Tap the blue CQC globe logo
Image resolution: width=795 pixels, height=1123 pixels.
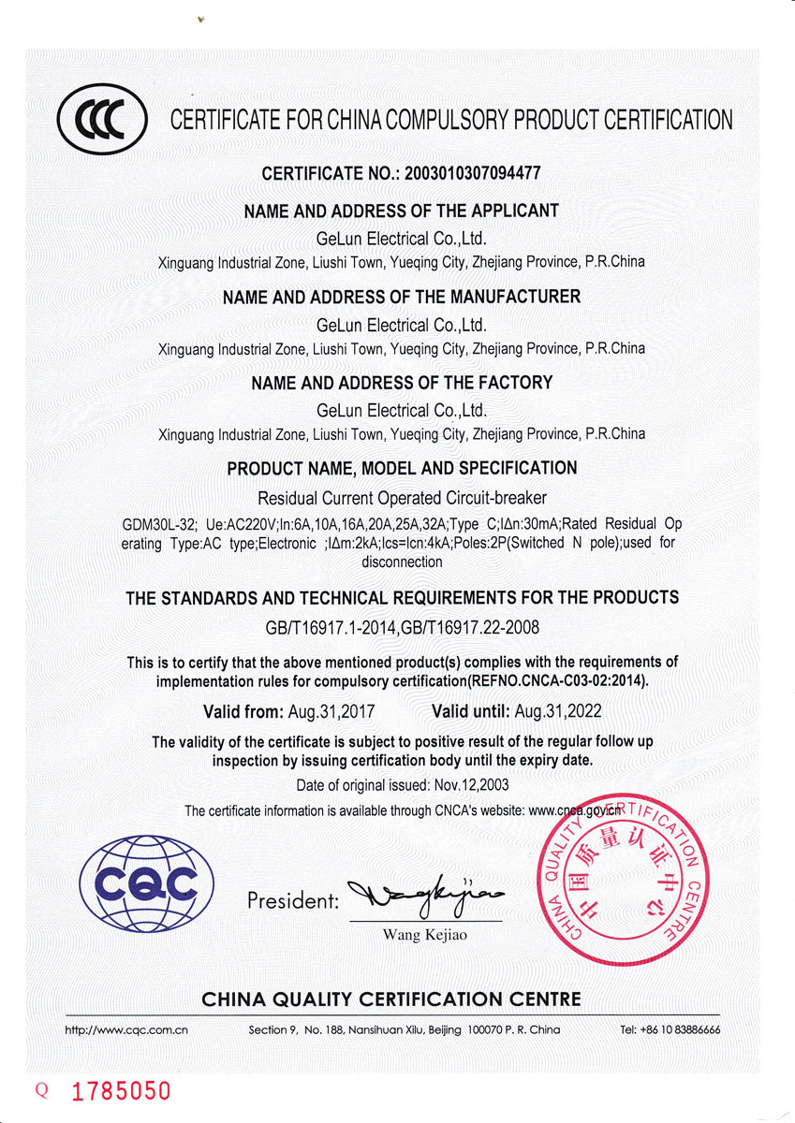click(147, 882)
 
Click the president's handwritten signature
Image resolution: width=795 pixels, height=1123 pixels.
click(425, 897)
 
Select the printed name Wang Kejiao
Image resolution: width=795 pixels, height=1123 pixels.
click(425, 935)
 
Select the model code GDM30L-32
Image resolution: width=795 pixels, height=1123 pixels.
click(159, 523)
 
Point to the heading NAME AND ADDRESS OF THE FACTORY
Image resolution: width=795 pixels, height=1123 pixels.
click(402, 382)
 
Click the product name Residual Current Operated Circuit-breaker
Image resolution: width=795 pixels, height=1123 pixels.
click(402, 498)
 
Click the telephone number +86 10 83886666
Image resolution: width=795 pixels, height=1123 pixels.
click(670, 1029)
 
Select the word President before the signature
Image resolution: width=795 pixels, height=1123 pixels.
click(292, 901)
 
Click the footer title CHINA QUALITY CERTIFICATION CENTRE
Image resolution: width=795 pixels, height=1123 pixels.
click(391, 1000)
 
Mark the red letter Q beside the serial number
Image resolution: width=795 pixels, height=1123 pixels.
click(40, 1091)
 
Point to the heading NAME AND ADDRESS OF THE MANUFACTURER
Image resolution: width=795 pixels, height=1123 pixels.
click(402, 297)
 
